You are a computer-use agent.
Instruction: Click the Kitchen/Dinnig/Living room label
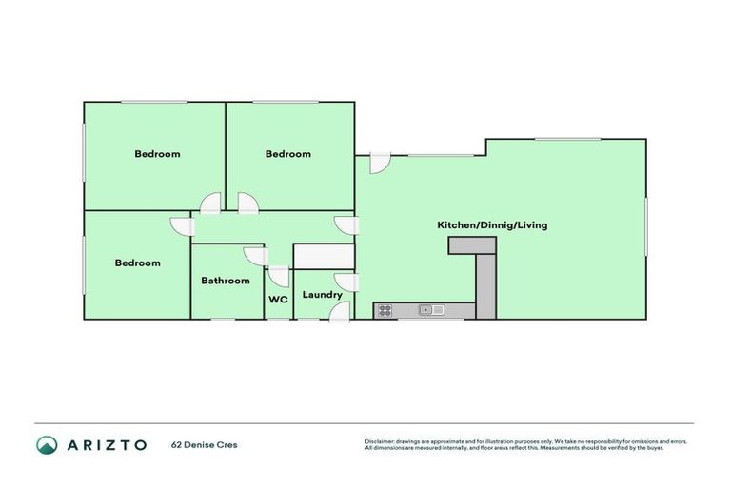(x=491, y=225)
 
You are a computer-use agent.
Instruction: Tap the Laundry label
(x=322, y=295)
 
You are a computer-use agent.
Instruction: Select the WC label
(x=278, y=300)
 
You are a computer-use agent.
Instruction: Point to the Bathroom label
(x=226, y=281)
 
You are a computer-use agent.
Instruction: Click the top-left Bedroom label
(x=157, y=154)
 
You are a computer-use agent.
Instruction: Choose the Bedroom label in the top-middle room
(x=287, y=154)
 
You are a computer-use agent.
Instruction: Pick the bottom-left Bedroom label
(x=138, y=263)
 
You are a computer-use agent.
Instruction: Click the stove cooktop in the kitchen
(x=385, y=310)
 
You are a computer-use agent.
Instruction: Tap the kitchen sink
(x=428, y=310)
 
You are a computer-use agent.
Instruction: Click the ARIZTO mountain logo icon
(x=47, y=444)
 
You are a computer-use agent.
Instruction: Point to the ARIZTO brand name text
(x=107, y=444)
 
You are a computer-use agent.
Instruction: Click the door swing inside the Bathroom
(x=254, y=257)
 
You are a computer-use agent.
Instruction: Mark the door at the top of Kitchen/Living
(x=379, y=163)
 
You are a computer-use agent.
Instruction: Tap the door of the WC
(x=279, y=277)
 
